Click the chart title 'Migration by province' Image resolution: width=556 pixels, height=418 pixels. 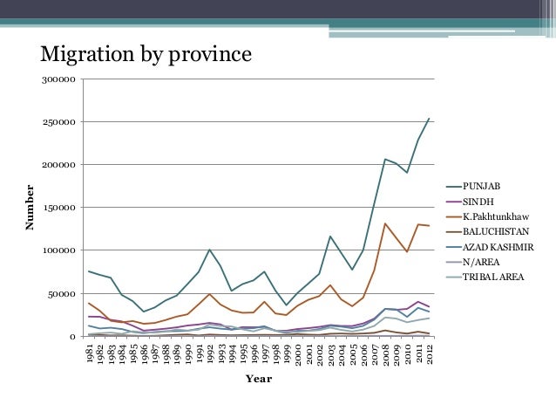point(146,55)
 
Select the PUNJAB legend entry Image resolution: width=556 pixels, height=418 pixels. point(481,186)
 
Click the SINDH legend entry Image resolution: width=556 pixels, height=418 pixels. point(478,201)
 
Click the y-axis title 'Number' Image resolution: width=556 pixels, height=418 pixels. point(30,207)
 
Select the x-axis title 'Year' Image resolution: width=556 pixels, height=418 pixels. point(258,379)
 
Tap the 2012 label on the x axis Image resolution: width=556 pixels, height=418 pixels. point(429,354)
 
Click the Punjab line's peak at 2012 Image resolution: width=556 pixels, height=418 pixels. point(429,119)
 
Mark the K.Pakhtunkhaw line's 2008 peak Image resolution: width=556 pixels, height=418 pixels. point(385,224)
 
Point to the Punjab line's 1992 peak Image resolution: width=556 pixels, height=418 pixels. point(209,250)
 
